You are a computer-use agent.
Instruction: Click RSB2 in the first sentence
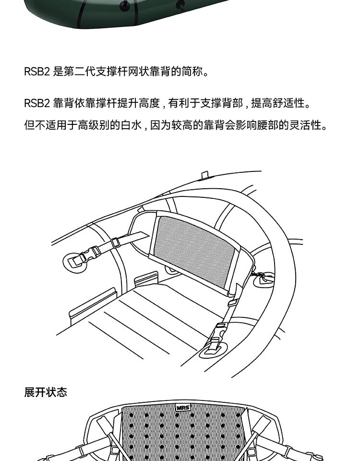[37, 73]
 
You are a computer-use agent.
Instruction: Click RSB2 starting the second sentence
[37, 104]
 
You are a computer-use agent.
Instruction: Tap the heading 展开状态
[46, 392]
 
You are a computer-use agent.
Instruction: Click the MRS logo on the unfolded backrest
[183, 408]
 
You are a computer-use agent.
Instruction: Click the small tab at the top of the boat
[205, 174]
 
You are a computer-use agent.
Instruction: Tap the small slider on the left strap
[116, 243]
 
